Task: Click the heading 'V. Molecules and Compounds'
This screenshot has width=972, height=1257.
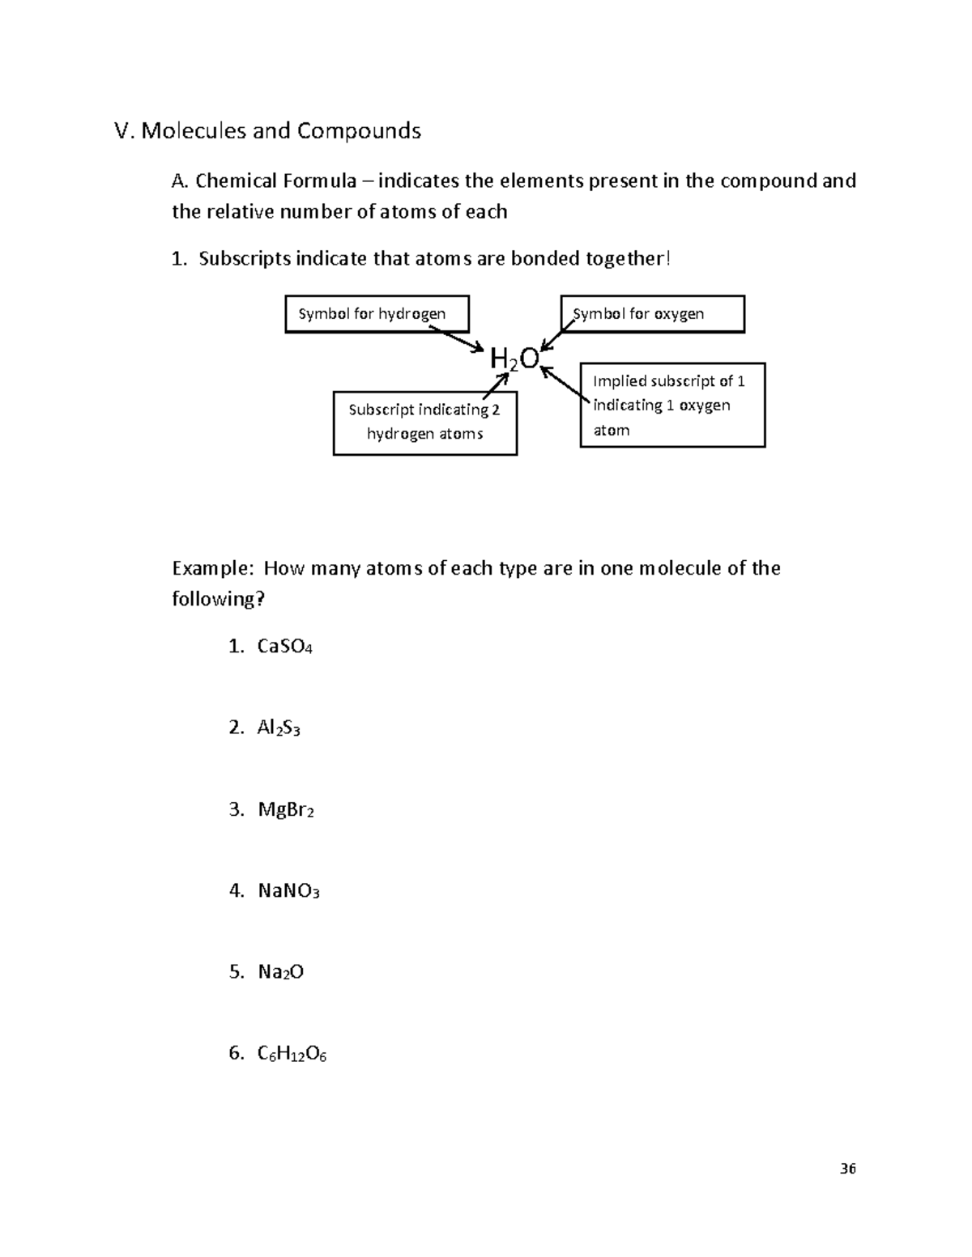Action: pyautogui.click(x=268, y=131)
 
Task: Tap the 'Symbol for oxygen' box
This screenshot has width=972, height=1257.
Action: pyautogui.click(x=652, y=314)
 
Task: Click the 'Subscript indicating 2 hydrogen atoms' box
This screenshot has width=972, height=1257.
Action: pyautogui.click(x=424, y=423)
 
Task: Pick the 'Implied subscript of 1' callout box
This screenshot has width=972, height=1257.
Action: pyautogui.click(x=672, y=405)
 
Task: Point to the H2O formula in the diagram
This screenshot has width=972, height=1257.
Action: pyautogui.click(x=514, y=359)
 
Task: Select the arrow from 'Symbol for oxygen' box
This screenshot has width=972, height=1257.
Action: pyautogui.click(x=557, y=333)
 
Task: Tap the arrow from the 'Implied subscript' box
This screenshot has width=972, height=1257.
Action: pyautogui.click(x=565, y=384)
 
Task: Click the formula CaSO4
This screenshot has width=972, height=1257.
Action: pyautogui.click(x=284, y=647)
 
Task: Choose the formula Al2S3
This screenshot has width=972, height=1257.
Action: pyautogui.click(x=279, y=728)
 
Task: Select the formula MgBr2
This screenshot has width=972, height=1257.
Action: pyautogui.click(x=285, y=809)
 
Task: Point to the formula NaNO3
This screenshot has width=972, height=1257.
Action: pyautogui.click(x=288, y=891)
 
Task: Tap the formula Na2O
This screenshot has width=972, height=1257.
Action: pyautogui.click(x=280, y=972)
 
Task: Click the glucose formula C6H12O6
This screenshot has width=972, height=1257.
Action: pyautogui.click(x=292, y=1054)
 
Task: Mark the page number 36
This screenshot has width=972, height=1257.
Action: pyautogui.click(x=847, y=1169)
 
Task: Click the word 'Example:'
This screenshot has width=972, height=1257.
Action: pyautogui.click(x=213, y=569)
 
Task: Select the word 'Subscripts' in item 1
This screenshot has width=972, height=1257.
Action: pyautogui.click(x=244, y=259)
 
